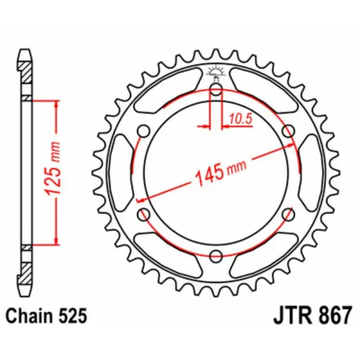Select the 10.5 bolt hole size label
click(x=239, y=119)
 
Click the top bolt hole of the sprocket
click(x=217, y=92)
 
